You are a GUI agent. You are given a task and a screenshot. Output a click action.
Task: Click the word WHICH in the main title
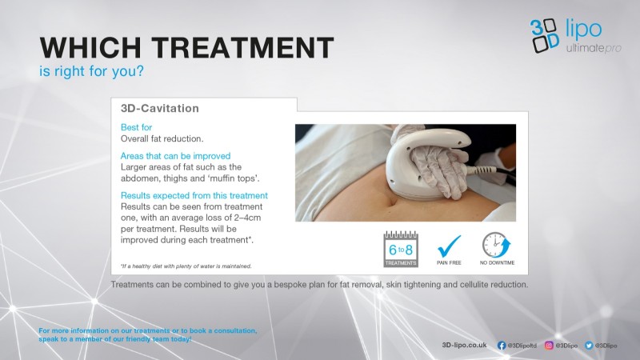click(90, 48)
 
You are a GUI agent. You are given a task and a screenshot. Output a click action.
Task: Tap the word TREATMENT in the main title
click(243, 48)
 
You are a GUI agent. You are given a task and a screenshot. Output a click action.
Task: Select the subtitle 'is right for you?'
click(91, 71)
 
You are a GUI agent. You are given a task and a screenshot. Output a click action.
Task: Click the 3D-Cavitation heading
click(160, 108)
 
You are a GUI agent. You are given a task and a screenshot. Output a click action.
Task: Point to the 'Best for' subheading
click(136, 127)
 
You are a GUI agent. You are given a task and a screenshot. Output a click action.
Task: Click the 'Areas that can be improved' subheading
click(175, 156)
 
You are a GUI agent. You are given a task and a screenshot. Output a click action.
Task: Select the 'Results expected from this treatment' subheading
click(194, 195)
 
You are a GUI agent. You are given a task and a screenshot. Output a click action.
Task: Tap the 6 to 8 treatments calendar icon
click(401, 250)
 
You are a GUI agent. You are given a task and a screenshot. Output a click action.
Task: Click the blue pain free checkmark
click(449, 246)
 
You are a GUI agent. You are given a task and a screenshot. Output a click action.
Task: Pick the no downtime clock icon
click(496, 245)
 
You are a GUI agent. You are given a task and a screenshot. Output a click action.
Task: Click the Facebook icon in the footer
click(502, 346)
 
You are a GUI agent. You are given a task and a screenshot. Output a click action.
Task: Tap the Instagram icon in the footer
click(549, 346)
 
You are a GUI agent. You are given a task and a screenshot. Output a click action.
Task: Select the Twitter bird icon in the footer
click(589, 346)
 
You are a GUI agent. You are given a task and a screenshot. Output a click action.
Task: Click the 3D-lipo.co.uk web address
click(465, 346)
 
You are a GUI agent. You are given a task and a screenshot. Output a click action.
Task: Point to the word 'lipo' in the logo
click(584, 30)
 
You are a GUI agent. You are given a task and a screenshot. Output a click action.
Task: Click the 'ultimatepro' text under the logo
click(594, 48)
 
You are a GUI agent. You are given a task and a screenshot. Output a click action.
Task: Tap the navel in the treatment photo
click(392, 201)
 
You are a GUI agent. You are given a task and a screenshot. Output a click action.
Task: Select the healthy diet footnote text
click(186, 266)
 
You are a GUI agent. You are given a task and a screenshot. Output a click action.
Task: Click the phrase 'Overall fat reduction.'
click(162, 138)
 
